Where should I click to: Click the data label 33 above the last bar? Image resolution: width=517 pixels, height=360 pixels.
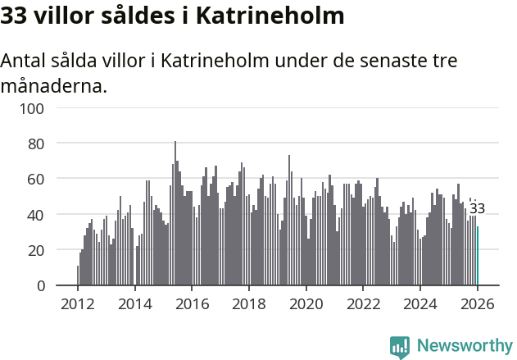[477, 208]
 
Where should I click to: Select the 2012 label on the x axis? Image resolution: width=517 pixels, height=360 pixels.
[78, 303]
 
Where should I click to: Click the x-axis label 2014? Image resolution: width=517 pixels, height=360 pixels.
[135, 303]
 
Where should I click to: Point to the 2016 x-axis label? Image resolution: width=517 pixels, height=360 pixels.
[192, 303]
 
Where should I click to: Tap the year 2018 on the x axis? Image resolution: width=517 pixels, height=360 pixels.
[249, 303]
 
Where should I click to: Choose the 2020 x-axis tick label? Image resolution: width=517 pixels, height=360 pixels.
[306, 303]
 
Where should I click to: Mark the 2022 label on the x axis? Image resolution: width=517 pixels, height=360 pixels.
[363, 303]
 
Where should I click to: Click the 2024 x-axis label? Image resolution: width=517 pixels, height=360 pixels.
[420, 303]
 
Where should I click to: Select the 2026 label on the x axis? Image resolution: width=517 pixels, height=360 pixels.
[477, 303]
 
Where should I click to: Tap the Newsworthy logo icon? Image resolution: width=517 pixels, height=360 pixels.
[400, 347]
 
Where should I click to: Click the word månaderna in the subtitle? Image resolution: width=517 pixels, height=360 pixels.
[54, 85]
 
